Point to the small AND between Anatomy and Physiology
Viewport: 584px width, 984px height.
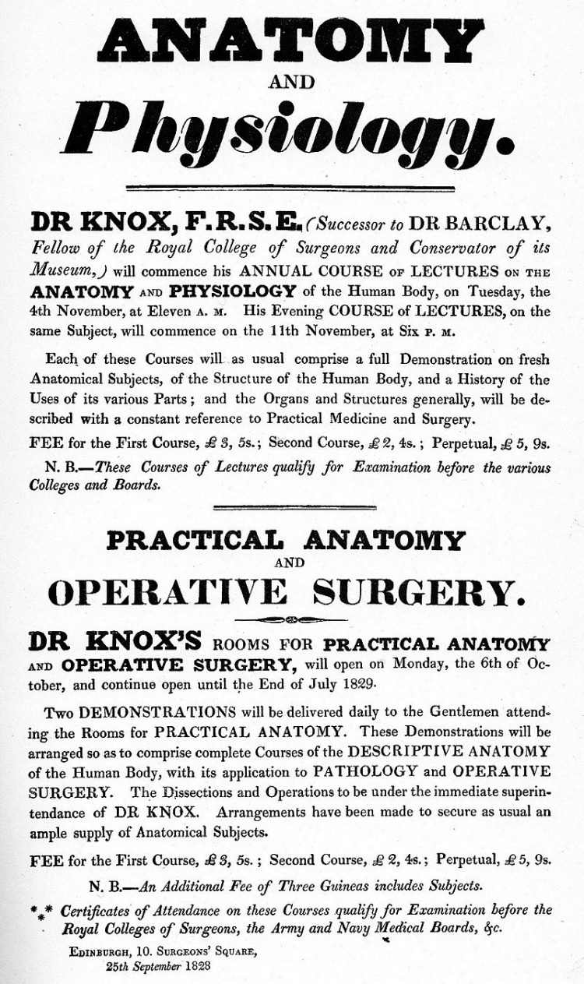[290, 82]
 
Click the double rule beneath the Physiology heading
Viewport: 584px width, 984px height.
[290, 189]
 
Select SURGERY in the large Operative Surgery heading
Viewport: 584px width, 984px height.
[414, 594]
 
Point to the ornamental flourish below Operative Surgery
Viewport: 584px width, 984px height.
[291, 620]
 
